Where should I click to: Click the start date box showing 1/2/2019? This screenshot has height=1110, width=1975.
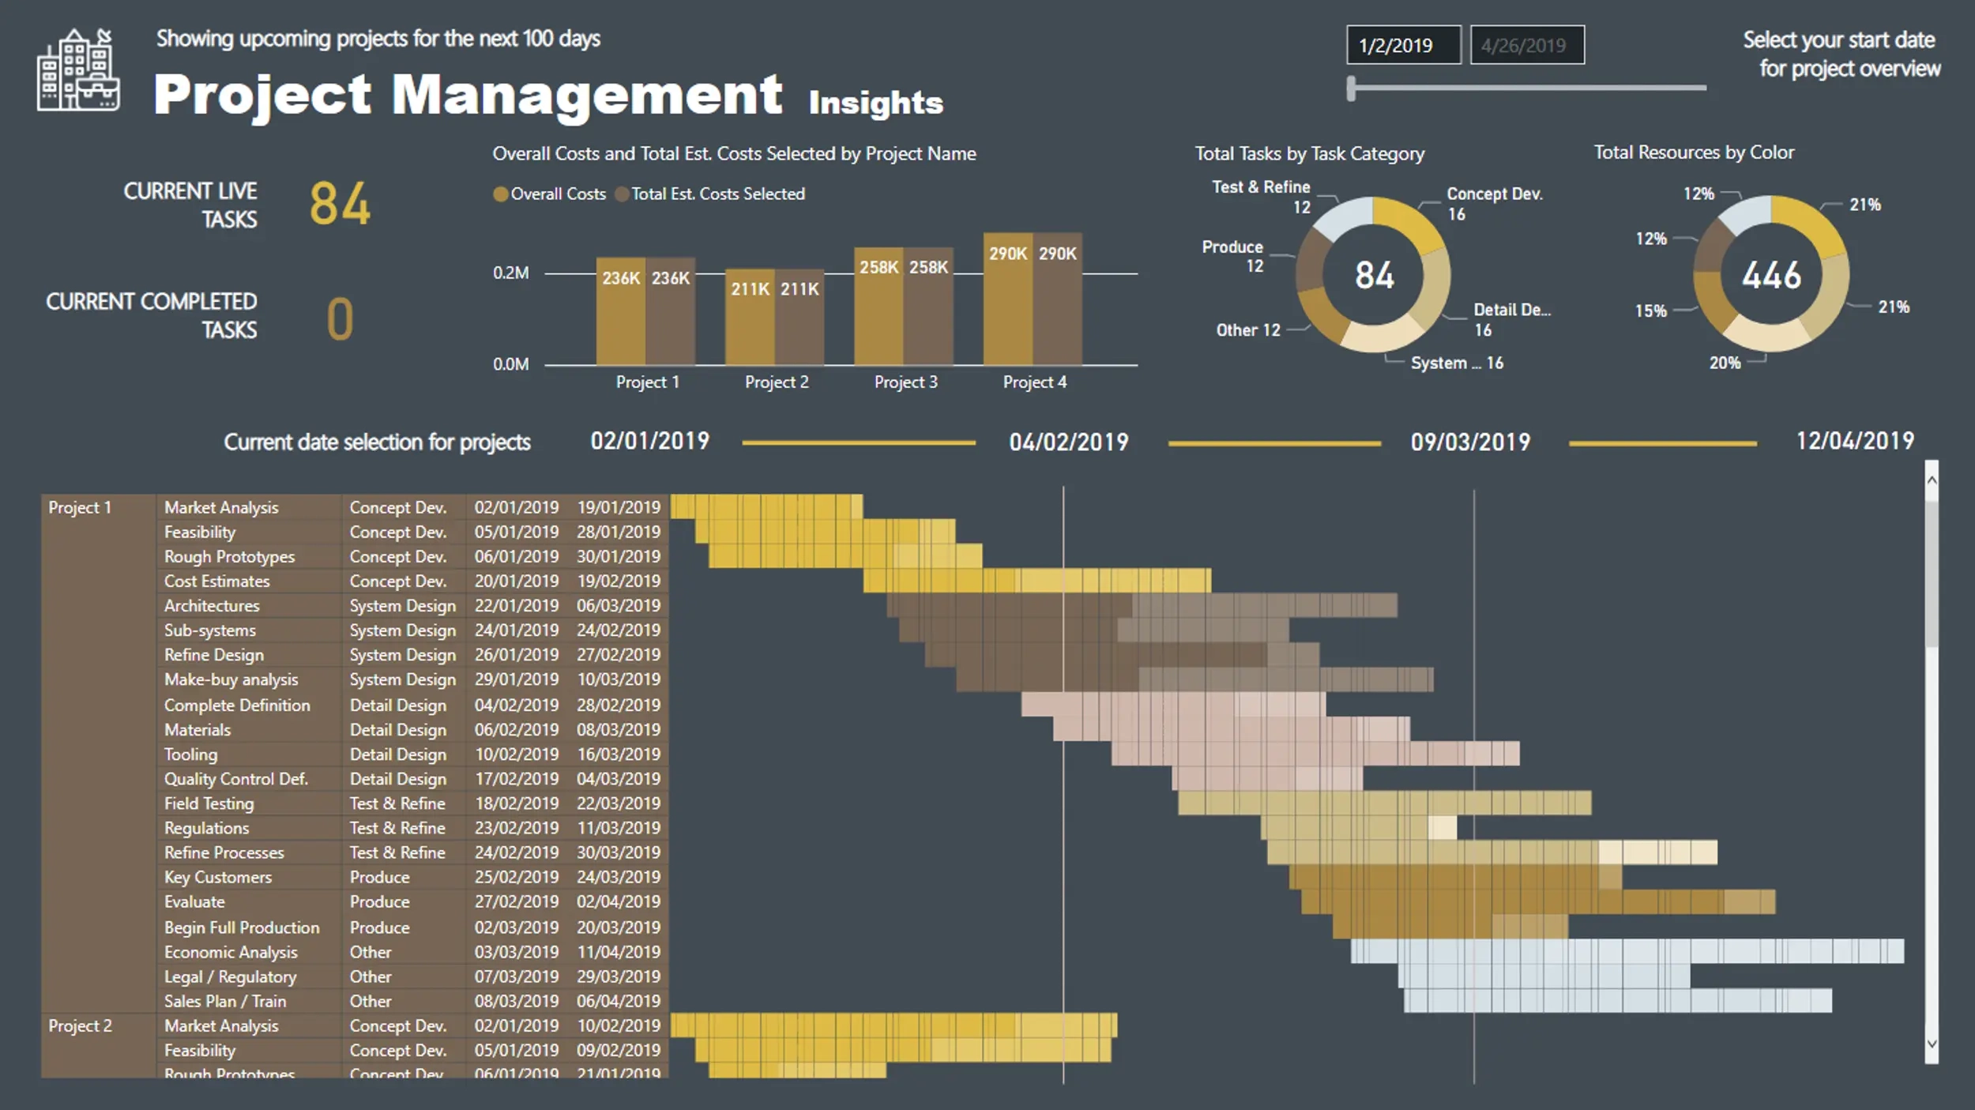[x=1402, y=45]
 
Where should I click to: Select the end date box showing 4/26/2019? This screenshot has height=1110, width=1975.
[x=1526, y=45]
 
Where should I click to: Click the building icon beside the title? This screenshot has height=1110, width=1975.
[x=78, y=71]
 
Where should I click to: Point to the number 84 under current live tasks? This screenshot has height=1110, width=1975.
[x=340, y=204]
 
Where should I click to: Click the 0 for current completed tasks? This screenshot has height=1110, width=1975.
[x=340, y=319]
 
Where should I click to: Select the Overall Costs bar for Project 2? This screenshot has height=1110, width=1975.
[x=750, y=318]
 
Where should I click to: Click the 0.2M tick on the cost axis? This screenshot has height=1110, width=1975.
[x=510, y=273]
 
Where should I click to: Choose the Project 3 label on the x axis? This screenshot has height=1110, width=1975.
[x=905, y=382]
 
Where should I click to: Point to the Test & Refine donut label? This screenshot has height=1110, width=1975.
[x=1261, y=187]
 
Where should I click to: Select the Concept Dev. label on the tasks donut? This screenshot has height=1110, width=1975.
[x=1494, y=194]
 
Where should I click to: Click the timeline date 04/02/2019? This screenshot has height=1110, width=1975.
[x=1068, y=442]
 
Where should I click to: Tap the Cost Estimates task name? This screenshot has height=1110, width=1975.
[x=217, y=581]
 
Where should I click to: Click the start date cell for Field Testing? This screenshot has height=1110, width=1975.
[x=516, y=803]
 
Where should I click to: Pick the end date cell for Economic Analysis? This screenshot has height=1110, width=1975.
[x=619, y=952]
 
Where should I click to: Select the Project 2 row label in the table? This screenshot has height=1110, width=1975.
[x=80, y=1026]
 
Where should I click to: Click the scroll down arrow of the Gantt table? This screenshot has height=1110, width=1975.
[x=1932, y=1044]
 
